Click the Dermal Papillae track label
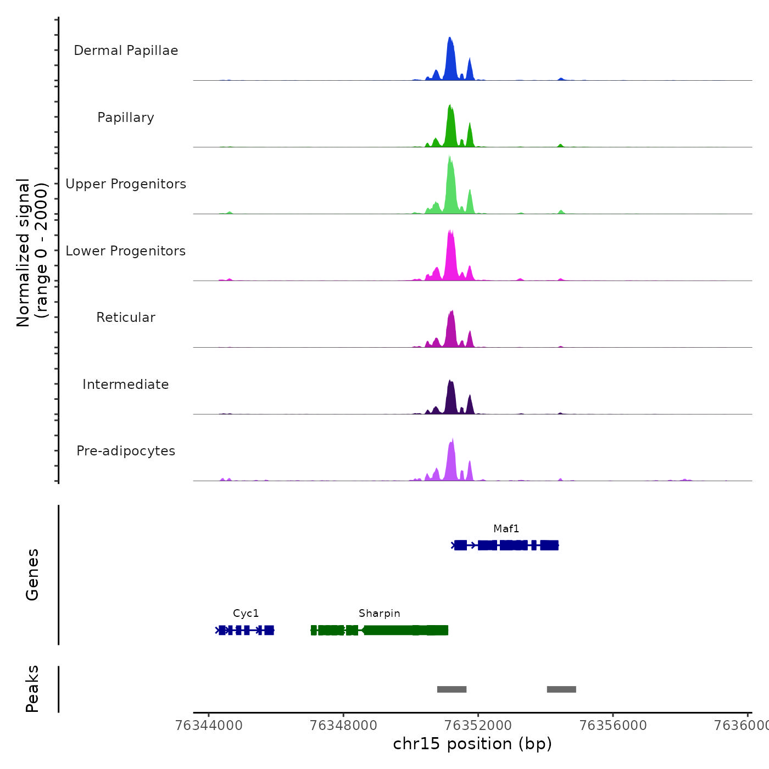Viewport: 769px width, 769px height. (126, 51)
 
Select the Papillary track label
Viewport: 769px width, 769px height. (126, 118)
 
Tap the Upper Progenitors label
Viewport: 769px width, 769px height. (126, 184)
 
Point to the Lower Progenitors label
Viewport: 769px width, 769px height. (126, 251)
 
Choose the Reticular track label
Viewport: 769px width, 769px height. (126, 317)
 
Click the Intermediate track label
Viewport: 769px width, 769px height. (126, 384)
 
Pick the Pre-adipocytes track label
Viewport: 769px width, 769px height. (126, 451)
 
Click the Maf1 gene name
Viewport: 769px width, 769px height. (506, 529)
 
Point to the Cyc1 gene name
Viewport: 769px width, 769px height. (246, 614)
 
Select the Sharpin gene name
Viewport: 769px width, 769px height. (379, 614)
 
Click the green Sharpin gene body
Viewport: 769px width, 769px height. (384, 630)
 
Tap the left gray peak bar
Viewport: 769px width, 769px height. (452, 689)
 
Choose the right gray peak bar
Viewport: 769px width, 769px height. (561, 689)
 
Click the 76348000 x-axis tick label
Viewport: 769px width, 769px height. (343, 726)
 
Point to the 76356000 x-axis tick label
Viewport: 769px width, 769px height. (613, 726)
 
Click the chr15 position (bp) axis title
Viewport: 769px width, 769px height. (472, 744)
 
